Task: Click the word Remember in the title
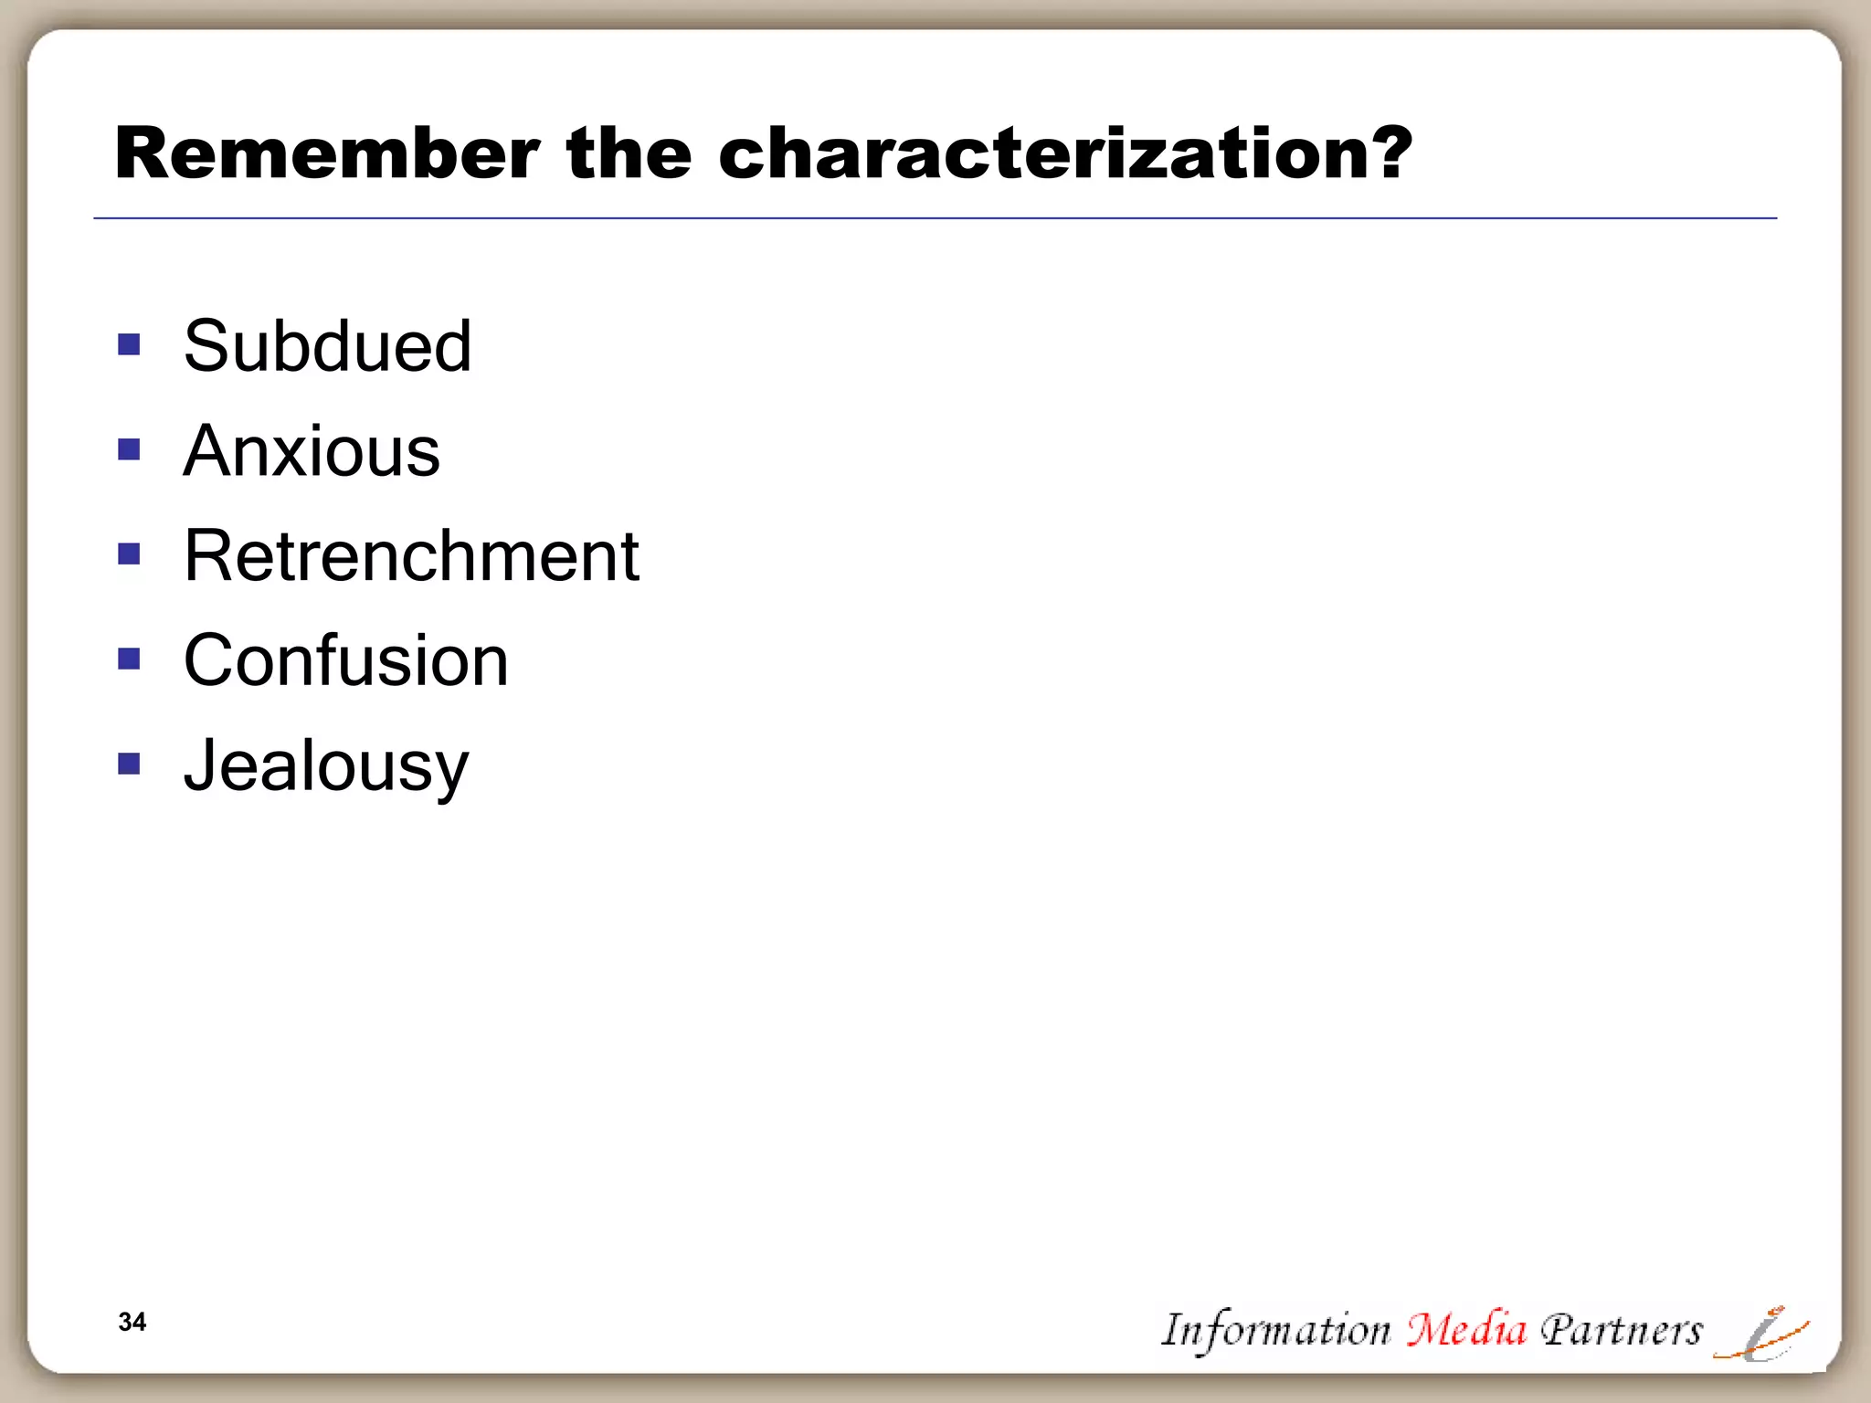tap(327, 153)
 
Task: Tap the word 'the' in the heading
tap(629, 153)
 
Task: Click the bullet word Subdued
tap(327, 346)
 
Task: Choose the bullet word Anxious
tap(312, 451)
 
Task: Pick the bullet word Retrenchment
tap(411, 555)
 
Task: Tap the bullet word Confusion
tap(345, 660)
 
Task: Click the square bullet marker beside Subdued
tap(129, 344)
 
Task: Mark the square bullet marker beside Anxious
tap(129, 449)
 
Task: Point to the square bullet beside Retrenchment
tap(129, 554)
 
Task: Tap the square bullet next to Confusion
tap(129, 659)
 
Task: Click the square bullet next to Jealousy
tap(129, 763)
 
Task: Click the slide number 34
tap(132, 1322)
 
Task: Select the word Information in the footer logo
tap(1275, 1330)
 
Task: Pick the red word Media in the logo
tap(1465, 1329)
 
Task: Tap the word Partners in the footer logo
tap(1621, 1330)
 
